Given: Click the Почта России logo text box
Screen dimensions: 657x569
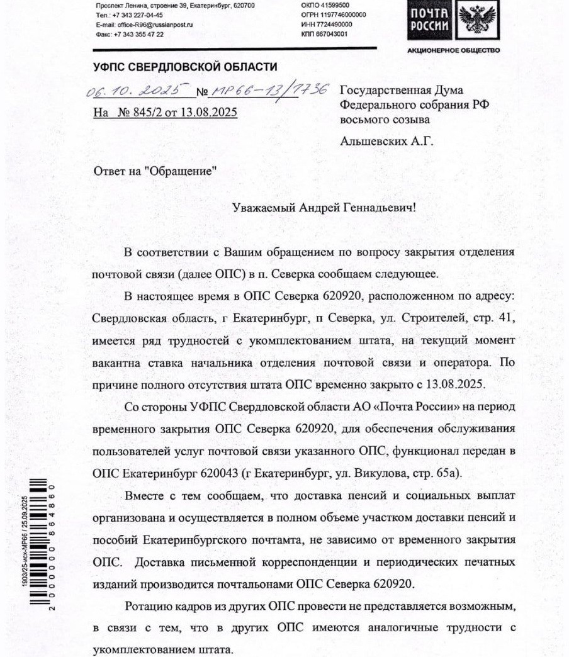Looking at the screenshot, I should click(x=430, y=21).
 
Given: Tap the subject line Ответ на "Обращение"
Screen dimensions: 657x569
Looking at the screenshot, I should click(x=156, y=171).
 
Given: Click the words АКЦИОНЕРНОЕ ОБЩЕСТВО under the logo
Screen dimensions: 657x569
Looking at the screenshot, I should click(x=453, y=50).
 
